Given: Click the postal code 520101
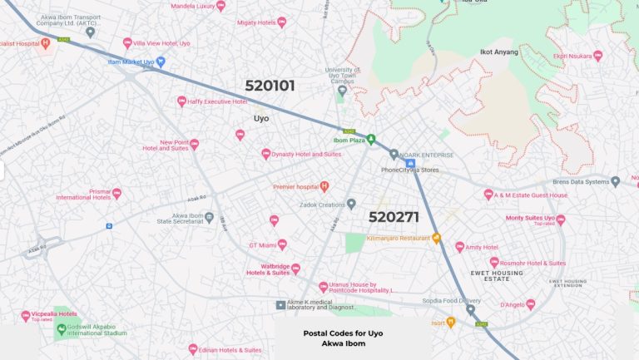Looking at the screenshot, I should coord(270,86).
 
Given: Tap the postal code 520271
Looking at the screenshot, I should coord(394,217).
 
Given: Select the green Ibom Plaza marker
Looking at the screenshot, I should coord(372,138).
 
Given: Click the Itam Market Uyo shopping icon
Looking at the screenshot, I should coord(161,62).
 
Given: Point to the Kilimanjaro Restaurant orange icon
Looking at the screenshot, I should coord(435,239).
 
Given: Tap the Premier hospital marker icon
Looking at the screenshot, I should coord(324,186).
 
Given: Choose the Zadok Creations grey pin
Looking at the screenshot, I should coord(351,204).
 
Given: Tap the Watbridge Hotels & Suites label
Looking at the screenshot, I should coord(268,269).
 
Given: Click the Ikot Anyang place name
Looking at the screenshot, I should coord(499,52).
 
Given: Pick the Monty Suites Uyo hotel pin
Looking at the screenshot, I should coord(561,219).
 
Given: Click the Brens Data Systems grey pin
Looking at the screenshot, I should coord(615,181).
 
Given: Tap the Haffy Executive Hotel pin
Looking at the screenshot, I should coord(181,101).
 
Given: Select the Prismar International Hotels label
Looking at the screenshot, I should coord(83,194).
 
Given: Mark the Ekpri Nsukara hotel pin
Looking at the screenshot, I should coord(597,56).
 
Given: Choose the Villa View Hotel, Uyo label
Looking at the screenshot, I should coord(163,42).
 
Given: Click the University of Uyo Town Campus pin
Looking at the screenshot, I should coord(341,91).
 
